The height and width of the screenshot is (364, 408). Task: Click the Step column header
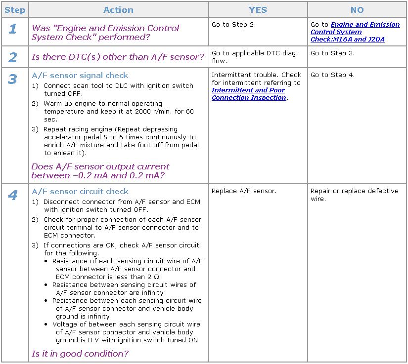point(15,10)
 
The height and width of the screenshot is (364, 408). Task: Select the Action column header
point(118,10)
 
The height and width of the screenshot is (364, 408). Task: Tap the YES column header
point(258,10)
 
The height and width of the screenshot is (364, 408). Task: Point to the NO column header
point(357,10)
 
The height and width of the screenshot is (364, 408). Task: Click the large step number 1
point(12,29)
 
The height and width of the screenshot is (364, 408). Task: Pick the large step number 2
point(12,57)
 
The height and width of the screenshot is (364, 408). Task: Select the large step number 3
point(12,79)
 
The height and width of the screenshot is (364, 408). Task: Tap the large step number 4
point(12,195)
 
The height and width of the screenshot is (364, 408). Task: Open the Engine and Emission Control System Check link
point(355,32)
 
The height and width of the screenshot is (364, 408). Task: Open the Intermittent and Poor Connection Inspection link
point(249,94)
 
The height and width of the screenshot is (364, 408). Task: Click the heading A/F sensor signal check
point(80,76)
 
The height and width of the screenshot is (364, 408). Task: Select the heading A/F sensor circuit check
point(80,192)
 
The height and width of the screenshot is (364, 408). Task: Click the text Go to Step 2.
point(233,25)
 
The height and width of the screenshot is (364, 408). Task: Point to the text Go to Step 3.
point(332,53)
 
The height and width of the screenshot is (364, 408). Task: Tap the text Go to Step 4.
point(332,75)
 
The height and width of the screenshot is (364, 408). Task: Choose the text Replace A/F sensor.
point(244,191)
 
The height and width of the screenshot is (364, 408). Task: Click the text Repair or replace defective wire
point(354,195)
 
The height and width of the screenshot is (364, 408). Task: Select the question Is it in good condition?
point(80,354)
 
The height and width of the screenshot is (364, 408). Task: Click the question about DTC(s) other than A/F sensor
point(118,57)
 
